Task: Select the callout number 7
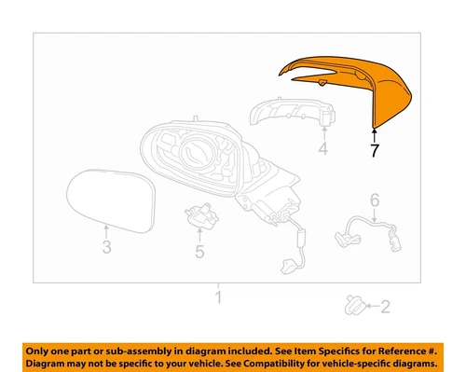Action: point(374,152)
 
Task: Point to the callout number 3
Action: point(105,246)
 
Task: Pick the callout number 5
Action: point(199,250)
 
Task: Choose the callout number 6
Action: point(374,200)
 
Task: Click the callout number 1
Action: point(219,298)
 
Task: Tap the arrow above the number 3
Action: point(106,230)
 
